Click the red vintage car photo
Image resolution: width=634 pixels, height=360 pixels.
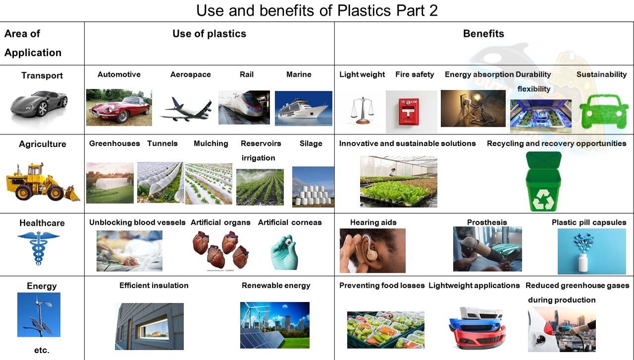(x=119, y=107)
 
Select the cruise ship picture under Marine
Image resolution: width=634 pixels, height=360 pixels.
(x=304, y=108)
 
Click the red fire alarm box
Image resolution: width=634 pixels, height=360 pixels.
(x=409, y=112)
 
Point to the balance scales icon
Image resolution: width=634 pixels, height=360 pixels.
(x=362, y=110)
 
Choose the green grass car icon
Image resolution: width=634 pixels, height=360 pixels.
(x=604, y=111)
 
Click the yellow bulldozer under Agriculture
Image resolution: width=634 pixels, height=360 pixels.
(x=43, y=182)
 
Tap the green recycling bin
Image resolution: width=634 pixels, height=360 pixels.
(x=543, y=182)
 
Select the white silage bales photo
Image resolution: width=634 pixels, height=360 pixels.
(x=313, y=187)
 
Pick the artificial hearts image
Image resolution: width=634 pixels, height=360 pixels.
(x=221, y=250)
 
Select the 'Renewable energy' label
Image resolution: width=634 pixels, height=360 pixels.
(x=276, y=285)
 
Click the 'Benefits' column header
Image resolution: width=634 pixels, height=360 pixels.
(x=483, y=33)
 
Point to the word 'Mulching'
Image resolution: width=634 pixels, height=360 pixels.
(x=211, y=144)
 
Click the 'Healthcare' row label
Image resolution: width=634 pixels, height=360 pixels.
(x=42, y=223)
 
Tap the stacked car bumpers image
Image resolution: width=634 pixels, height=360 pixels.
(x=477, y=328)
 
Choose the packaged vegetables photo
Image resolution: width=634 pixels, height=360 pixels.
(x=386, y=330)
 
